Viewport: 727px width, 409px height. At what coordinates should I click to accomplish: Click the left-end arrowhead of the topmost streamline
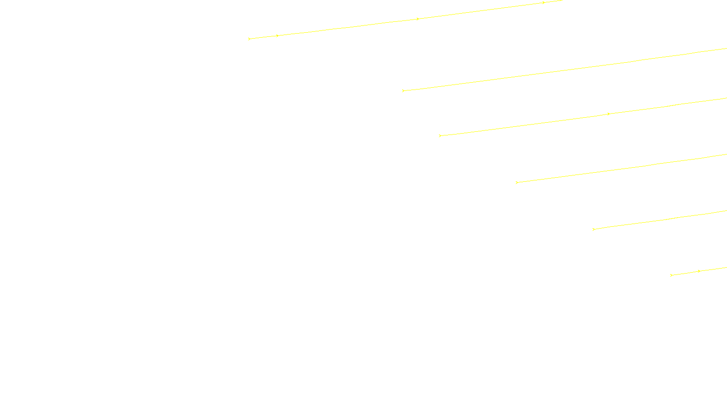pyautogui.click(x=249, y=39)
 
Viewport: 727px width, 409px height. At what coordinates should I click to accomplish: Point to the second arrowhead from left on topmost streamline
pyautogui.click(x=277, y=35)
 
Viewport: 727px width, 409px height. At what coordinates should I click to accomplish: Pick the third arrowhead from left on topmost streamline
pyautogui.click(x=418, y=19)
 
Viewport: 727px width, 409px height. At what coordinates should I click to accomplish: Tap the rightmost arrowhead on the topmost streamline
pyautogui.click(x=543, y=3)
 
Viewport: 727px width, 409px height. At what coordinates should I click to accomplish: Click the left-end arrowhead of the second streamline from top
pyautogui.click(x=403, y=90)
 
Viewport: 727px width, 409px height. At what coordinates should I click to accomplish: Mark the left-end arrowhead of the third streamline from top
pyautogui.click(x=440, y=135)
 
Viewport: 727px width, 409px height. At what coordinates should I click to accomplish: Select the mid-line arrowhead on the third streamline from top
pyautogui.click(x=608, y=114)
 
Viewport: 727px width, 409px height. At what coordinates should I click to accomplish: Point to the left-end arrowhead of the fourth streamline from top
pyautogui.click(x=517, y=182)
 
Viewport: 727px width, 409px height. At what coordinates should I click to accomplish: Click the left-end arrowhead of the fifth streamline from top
pyautogui.click(x=594, y=229)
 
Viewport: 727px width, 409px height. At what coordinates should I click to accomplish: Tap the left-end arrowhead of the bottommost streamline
pyautogui.click(x=672, y=275)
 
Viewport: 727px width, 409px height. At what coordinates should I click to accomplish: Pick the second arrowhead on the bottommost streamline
pyautogui.click(x=699, y=271)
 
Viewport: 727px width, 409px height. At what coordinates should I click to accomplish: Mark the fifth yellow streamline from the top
pyautogui.click(x=659, y=220)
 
